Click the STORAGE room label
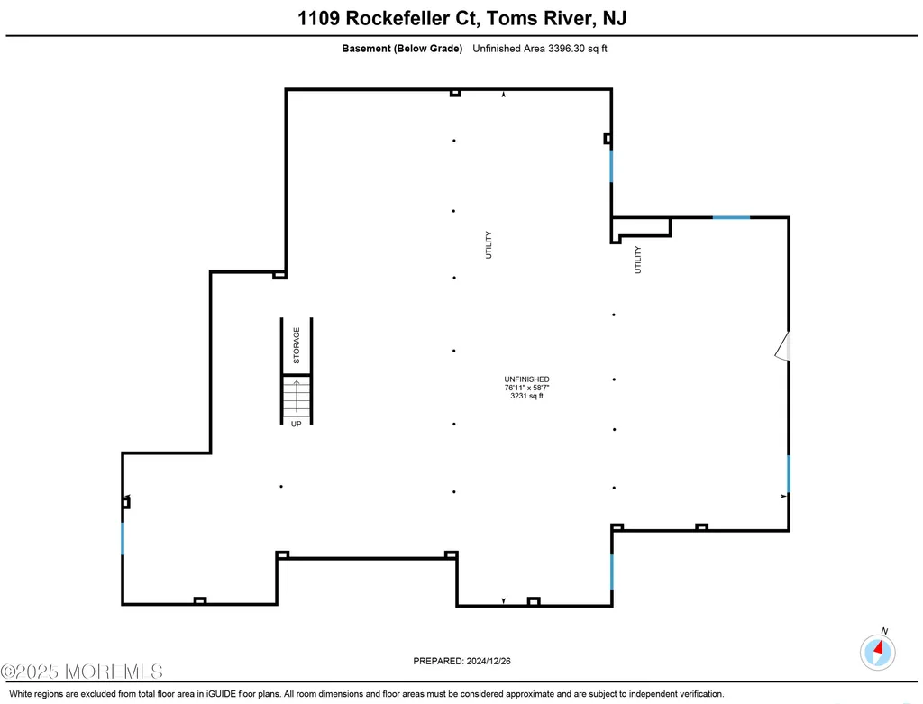pyautogui.click(x=297, y=345)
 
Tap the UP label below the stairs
pyautogui.click(x=296, y=424)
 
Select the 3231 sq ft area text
pyautogui.click(x=526, y=396)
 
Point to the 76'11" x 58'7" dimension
pyautogui.click(x=526, y=388)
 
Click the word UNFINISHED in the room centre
pyautogui.click(x=526, y=379)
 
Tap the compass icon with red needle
pyautogui.click(x=878, y=653)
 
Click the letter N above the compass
pyautogui.click(x=884, y=631)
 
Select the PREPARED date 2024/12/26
pyautogui.click(x=489, y=661)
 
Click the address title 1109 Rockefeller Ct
pyautogui.click(x=389, y=18)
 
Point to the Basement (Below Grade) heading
pyautogui.click(x=402, y=49)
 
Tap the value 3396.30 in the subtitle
pyautogui.click(x=566, y=49)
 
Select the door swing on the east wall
pyautogui.click(x=783, y=346)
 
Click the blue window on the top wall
pyautogui.click(x=731, y=218)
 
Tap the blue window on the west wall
pyautogui.click(x=123, y=539)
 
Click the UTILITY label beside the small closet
pyautogui.click(x=637, y=260)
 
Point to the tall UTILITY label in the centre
pyautogui.click(x=488, y=245)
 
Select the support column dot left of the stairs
pyautogui.click(x=281, y=486)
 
